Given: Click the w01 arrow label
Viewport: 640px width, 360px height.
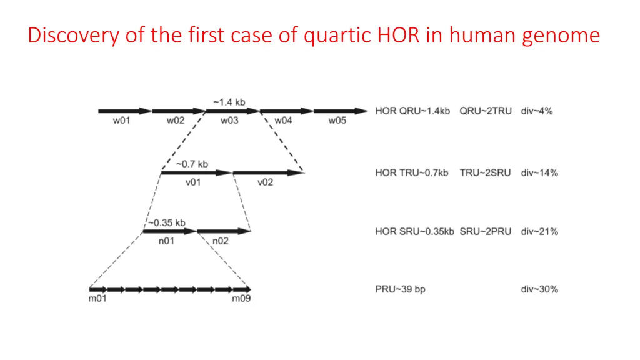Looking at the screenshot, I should click(x=121, y=121).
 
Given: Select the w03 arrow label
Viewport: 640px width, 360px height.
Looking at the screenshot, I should click(x=229, y=121).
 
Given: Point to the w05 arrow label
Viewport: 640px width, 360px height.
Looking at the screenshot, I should click(x=337, y=121).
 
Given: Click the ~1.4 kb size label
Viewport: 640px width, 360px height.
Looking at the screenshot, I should click(x=229, y=102).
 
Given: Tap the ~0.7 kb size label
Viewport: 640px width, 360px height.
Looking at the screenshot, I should click(x=192, y=164).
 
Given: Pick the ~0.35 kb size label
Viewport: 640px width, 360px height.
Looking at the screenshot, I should click(x=167, y=222).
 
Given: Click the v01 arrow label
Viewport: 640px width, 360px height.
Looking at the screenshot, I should click(x=192, y=182).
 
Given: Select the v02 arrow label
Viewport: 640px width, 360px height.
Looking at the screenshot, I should click(x=265, y=182).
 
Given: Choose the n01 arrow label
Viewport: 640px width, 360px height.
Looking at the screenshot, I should click(x=166, y=241).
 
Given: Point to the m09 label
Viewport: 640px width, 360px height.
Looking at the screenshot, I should click(x=241, y=299).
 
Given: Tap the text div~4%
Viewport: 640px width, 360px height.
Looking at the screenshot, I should click(x=536, y=111).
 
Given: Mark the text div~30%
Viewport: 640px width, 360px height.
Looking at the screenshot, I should click(x=539, y=289).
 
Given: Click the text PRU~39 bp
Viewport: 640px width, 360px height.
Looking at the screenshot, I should click(x=400, y=289).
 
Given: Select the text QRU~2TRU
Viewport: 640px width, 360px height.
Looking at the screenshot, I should click(x=486, y=111).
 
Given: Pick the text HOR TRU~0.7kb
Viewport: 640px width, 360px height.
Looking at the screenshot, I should click(x=412, y=172).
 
